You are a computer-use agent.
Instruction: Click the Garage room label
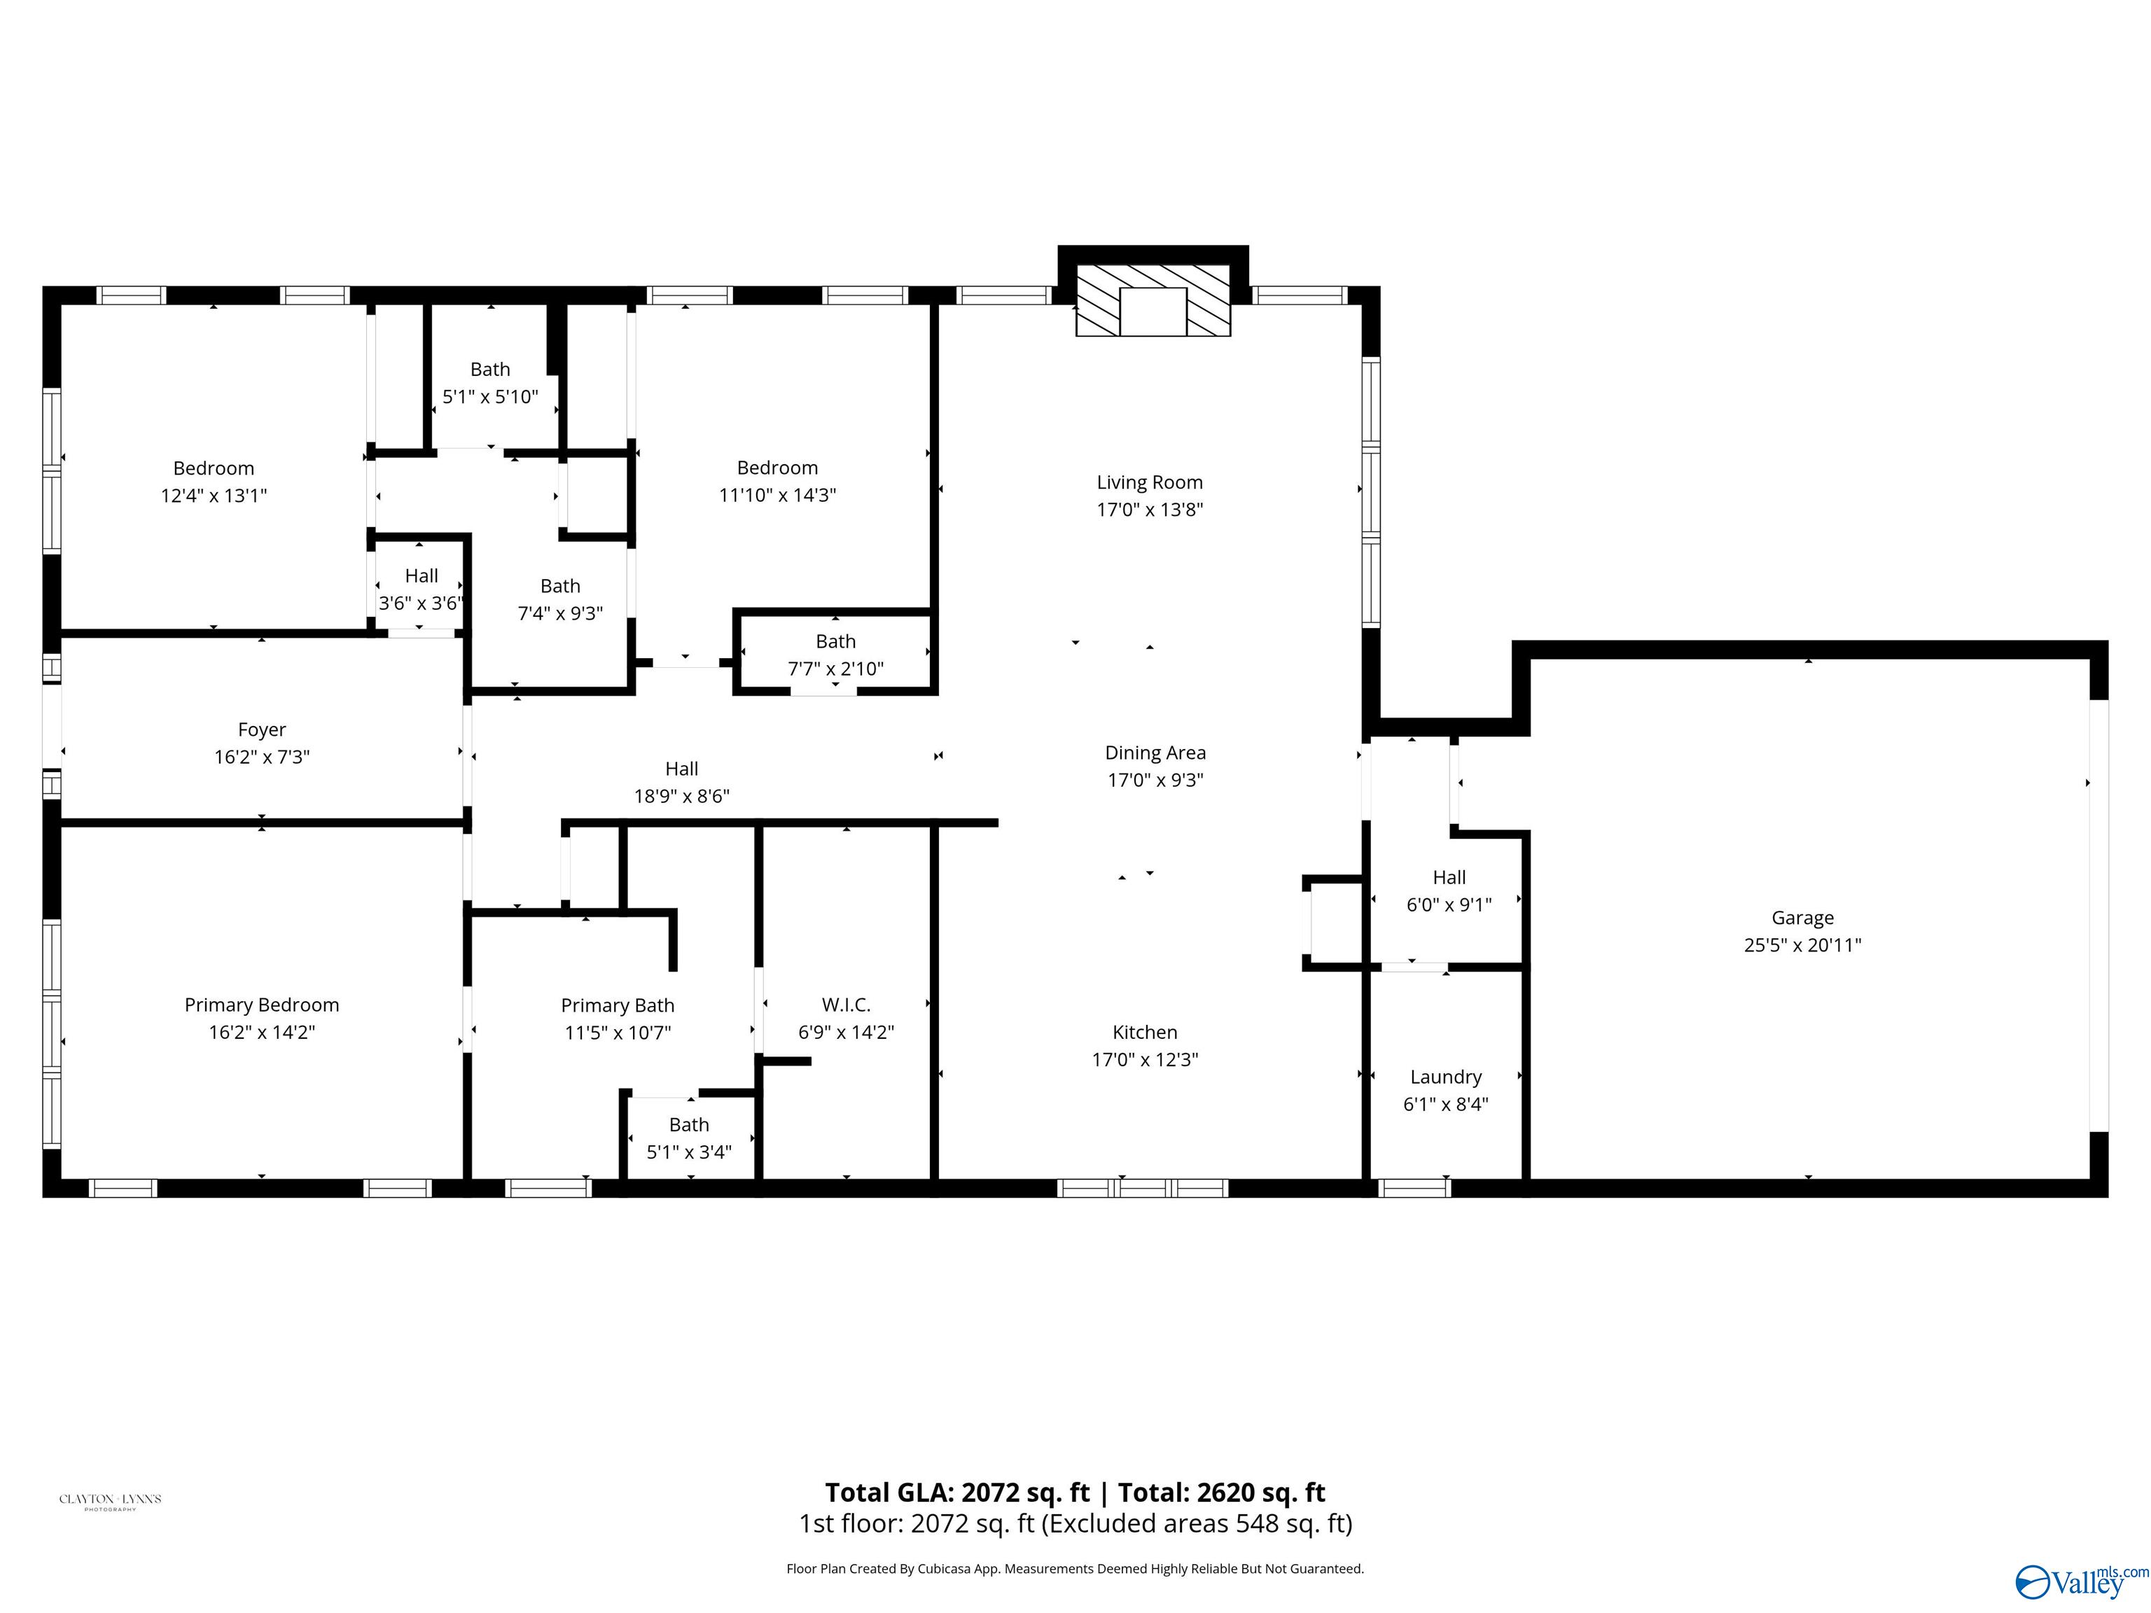coord(1802,917)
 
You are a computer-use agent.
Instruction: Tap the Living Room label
coord(1150,482)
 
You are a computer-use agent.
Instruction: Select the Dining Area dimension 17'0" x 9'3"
coord(1155,780)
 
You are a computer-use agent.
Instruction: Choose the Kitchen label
coord(1145,1032)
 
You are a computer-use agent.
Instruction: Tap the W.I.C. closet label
coord(846,1005)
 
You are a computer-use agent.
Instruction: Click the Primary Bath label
coord(618,1005)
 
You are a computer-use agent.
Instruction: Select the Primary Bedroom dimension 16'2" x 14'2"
coord(262,1032)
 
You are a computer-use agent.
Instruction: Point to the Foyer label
coord(262,729)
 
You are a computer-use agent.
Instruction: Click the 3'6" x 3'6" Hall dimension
coord(419,603)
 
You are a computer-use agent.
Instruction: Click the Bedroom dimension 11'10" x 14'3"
coord(777,495)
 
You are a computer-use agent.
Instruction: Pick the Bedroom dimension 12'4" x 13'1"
coord(213,495)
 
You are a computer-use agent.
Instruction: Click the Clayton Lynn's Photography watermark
coord(110,1500)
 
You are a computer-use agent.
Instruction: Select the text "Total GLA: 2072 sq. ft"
coord(958,1493)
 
